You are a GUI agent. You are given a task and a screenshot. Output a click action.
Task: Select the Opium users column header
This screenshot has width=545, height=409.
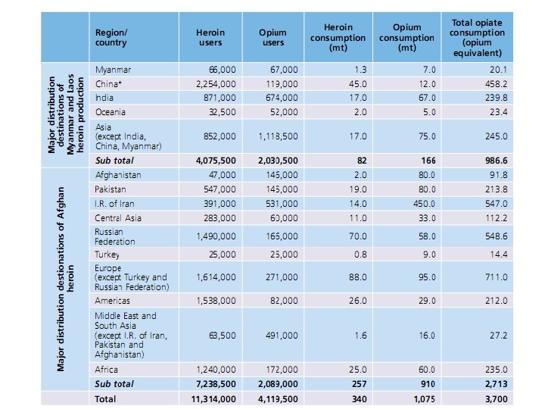272,38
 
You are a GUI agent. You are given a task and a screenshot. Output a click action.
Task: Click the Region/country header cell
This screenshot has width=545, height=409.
111,38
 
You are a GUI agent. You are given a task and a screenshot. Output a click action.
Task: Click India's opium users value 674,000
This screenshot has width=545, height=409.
279,98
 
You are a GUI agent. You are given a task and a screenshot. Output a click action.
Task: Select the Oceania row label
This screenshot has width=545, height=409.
112,112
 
